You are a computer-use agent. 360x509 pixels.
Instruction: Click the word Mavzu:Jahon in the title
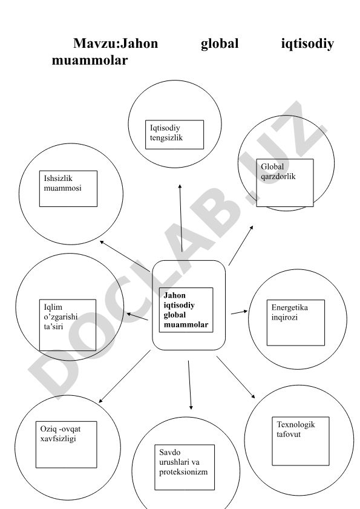click(x=116, y=43)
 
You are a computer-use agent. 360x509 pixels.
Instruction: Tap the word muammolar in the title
click(x=90, y=60)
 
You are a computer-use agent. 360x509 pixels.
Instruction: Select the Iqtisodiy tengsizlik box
click(x=175, y=135)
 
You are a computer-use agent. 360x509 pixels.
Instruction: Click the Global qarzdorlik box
click(x=285, y=183)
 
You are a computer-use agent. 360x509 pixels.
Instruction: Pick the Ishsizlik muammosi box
click(x=68, y=189)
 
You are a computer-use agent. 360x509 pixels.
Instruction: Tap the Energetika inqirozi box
click(x=296, y=323)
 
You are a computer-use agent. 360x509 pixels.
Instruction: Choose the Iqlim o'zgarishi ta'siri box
click(x=68, y=325)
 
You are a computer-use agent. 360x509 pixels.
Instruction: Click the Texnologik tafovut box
click(x=301, y=441)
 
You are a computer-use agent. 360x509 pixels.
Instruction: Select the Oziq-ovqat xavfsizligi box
click(x=66, y=445)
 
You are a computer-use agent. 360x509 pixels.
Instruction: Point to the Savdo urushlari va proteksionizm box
click(x=185, y=467)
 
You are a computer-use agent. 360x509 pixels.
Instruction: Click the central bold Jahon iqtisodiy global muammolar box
click(x=186, y=310)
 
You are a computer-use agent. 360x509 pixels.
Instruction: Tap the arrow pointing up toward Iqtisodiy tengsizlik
click(x=181, y=218)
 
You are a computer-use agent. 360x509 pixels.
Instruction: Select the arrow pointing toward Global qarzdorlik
click(x=241, y=245)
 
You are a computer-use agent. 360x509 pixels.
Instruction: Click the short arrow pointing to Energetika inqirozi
click(x=239, y=312)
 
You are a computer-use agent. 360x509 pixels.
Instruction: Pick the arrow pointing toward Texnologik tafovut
click(x=236, y=377)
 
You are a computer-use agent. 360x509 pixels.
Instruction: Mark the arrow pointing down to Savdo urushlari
click(x=189, y=385)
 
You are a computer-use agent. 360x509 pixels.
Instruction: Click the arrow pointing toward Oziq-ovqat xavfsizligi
click(x=125, y=376)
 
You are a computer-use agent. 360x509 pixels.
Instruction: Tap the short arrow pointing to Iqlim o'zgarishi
click(x=137, y=317)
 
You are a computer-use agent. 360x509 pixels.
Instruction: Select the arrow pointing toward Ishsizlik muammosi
click(x=125, y=256)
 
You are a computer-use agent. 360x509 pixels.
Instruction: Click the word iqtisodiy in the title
click(x=307, y=44)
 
